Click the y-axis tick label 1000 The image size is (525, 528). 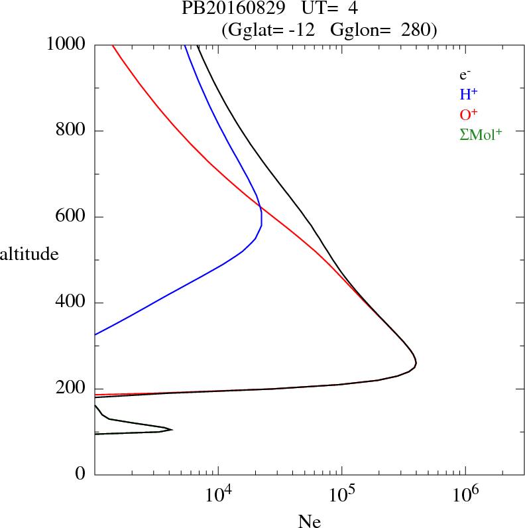pyautogui.click(x=67, y=45)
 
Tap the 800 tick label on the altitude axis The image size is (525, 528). pyautogui.click(x=71, y=131)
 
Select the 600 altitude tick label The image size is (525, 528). pyautogui.click(x=71, y=217)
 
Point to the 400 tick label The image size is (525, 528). pyautogui.click(x=71, y=303)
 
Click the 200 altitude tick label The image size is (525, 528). pyautogui.click(x=71, y=389)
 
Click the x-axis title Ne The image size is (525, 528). pyautogui.click(x=310, y=521)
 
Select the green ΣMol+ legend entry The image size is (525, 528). pyautogui.click(x=481, y=134)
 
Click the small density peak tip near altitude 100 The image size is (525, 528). pyautogui.click(x=172, y=430)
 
